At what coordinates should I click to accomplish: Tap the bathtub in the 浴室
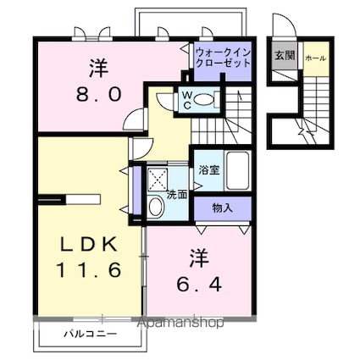coord(238,170)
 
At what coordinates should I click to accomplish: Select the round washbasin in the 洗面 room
coord(155,207)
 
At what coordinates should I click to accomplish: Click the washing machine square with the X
coord(158,180)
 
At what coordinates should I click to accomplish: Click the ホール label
coord(316,58)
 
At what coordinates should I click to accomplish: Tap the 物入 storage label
coord(222,208)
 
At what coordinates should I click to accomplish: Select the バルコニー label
coord(90,335)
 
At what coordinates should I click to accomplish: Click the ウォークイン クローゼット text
coord(223,58)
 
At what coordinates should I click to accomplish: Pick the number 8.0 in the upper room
coord(99,94)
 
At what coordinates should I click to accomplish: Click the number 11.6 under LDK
coord(89,269)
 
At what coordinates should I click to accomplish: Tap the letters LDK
coord(89,245)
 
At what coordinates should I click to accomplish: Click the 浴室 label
coord(209,170)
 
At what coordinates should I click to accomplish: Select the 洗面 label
coord(177,195)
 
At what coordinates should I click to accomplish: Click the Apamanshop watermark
coord(180,322)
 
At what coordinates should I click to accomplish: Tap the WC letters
coord(188,100)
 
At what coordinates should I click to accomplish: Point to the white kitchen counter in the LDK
coord(83,199)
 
